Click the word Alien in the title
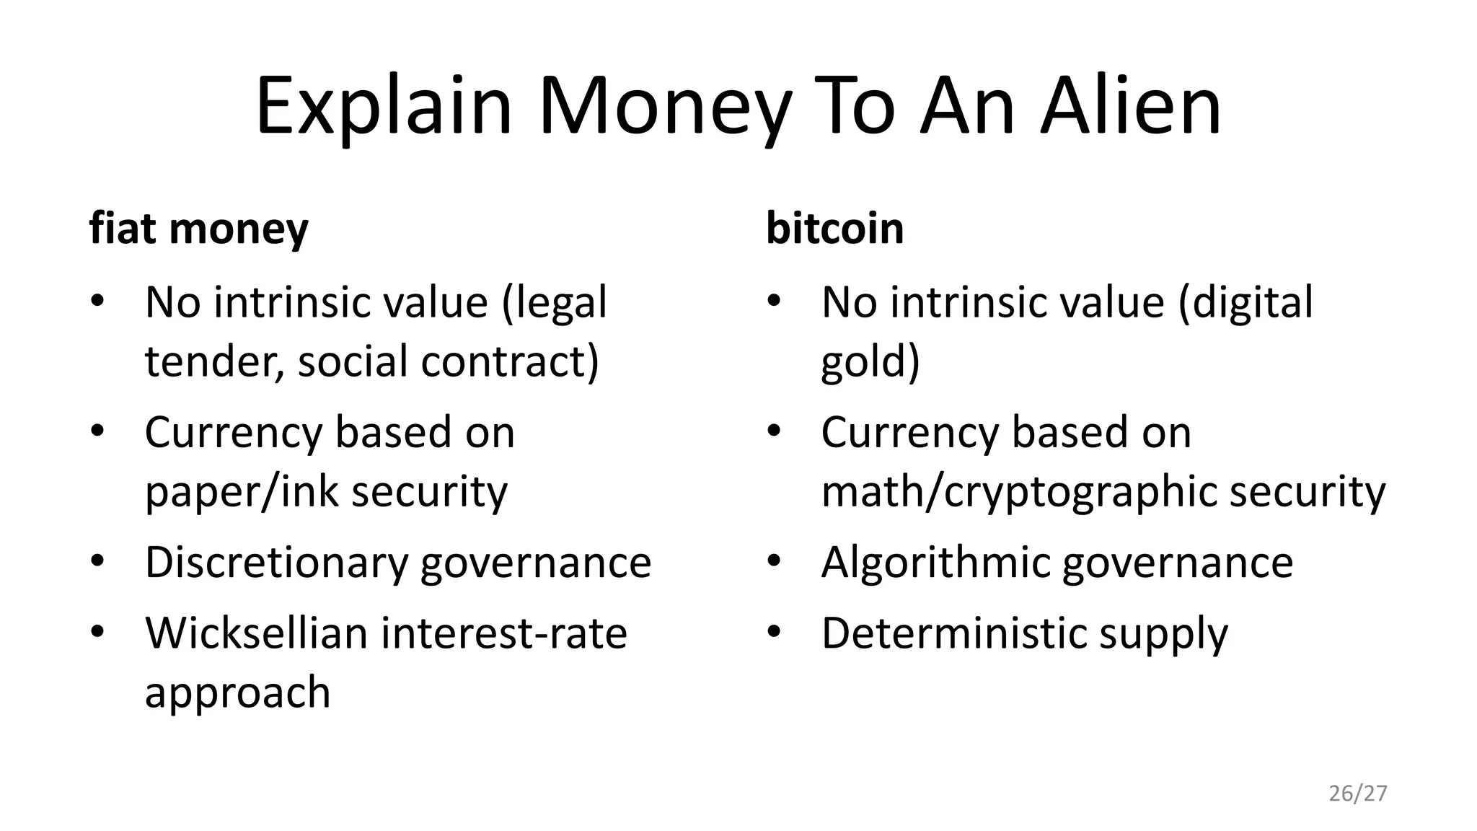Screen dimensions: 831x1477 [1130, 105]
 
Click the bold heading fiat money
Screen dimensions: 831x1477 [198, 229]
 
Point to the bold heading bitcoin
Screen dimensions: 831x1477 [834, 229]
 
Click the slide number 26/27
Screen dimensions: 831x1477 [1357, 793]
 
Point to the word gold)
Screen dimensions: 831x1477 [870, 361]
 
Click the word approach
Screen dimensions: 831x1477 [237, 692]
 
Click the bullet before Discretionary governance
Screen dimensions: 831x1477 [98, 560]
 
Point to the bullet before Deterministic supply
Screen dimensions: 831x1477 [775, 632]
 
